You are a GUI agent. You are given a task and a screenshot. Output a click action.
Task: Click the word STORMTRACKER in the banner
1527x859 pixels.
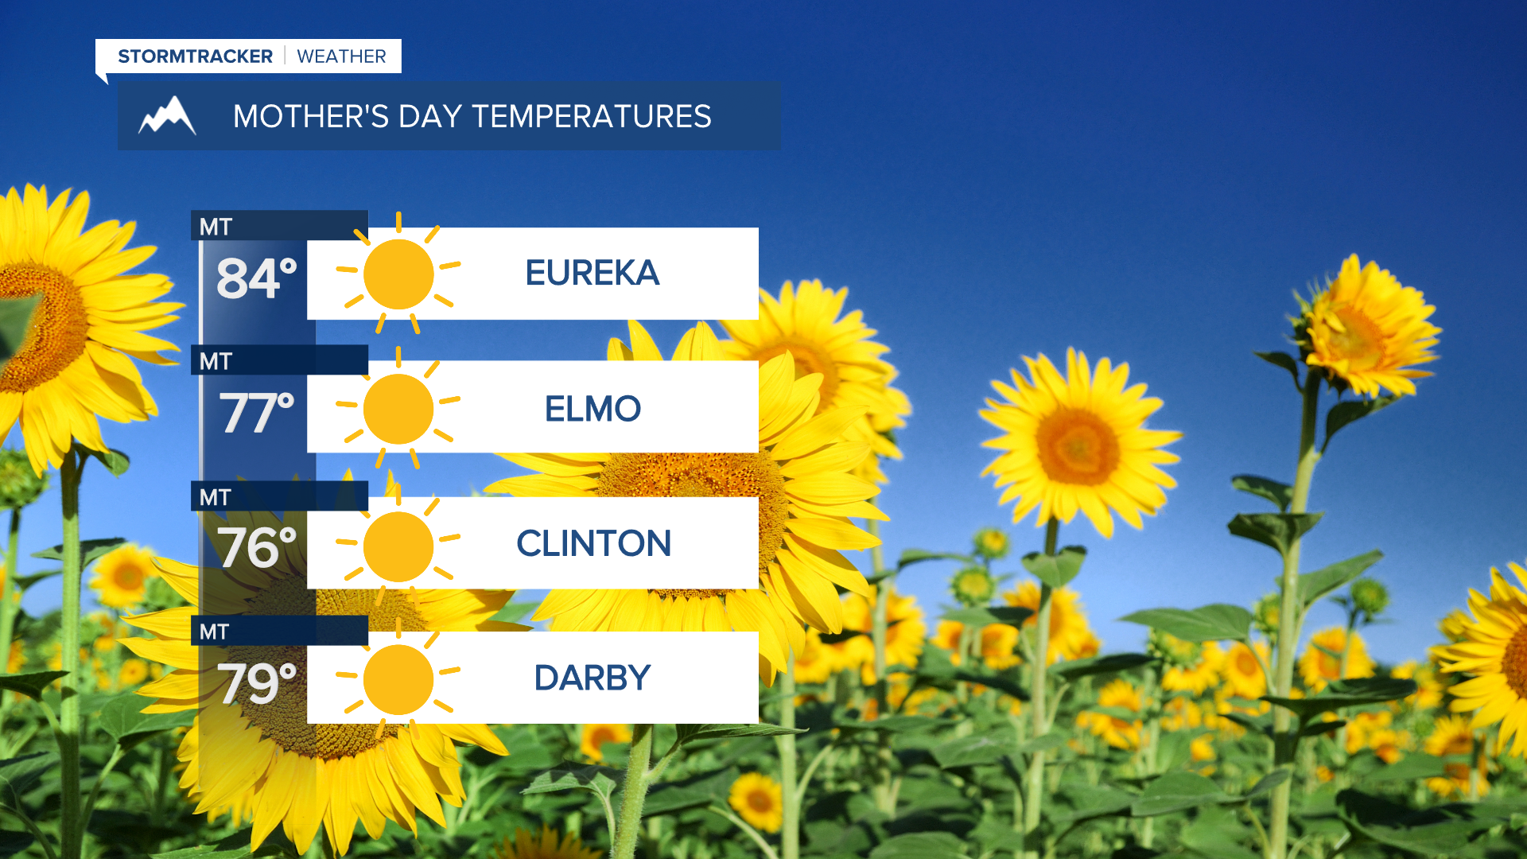[x=195, y=56]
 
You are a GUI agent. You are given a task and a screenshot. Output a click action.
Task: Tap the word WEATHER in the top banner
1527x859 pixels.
[x=341, y=56]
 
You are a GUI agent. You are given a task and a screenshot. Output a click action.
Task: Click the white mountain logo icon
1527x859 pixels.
[x=167, y=116]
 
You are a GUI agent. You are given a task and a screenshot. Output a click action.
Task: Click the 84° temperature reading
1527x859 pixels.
[x=257, y=278]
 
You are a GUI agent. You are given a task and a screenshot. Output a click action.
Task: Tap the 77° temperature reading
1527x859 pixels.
[x=257, y=413]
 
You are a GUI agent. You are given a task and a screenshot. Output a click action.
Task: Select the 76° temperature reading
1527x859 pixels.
[x=257, y=547]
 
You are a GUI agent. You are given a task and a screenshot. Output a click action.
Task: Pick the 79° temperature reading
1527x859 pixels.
[x=257, y=682]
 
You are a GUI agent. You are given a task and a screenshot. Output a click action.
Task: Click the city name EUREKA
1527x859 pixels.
[x=593, y=274]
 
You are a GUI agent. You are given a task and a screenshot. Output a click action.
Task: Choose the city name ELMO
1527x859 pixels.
[x=593, y=409]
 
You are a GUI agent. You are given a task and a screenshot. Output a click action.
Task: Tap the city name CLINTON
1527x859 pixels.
[x=593, y=544]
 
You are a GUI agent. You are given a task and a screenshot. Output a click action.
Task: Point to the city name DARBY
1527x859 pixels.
[x=593, y=678]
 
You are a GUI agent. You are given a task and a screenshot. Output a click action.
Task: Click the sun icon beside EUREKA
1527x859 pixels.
[x=398, y=274]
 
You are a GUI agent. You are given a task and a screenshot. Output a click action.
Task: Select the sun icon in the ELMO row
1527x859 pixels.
[x=398, y=409]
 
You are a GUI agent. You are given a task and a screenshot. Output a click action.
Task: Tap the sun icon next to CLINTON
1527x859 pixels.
[x=398, y=546]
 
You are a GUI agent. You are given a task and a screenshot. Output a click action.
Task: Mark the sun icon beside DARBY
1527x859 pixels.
[x=398, y=679]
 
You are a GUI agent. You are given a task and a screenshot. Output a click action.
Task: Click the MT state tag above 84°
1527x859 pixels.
[x=216, y=227]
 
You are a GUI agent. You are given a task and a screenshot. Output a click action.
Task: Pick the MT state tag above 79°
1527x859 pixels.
[x=215, y=632]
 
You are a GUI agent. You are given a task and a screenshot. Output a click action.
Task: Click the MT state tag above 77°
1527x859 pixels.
[x=216, y=362]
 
